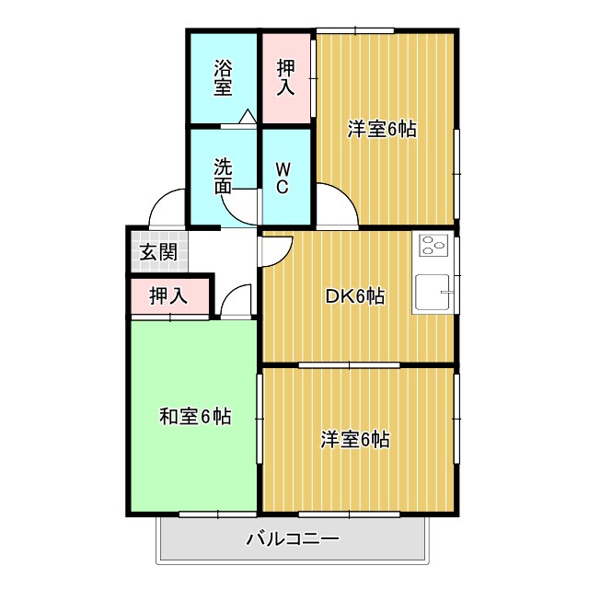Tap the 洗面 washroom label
tap(223, 177)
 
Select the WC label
tap(283, 177)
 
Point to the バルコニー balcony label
tap(293, 538)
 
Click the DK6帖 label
tap(355, 295)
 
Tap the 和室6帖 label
tap(195, 417)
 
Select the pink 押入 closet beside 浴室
tap(286, 77)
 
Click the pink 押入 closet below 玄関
tap(169, 296)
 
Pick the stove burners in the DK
tap(433, 246)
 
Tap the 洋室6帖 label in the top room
tap(382, 129)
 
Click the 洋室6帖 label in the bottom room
tap(355, 440)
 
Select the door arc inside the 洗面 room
tap(240, 208)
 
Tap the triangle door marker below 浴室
tap(247, 117)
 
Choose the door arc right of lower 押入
tap(237, 300)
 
